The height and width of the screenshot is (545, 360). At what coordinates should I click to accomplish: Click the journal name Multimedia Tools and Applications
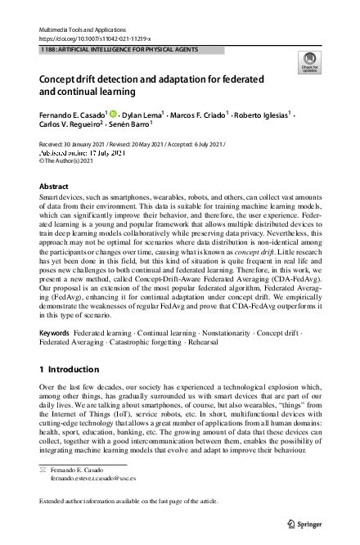[80, 29]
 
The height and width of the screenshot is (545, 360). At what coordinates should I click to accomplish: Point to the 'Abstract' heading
[54, 187]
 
